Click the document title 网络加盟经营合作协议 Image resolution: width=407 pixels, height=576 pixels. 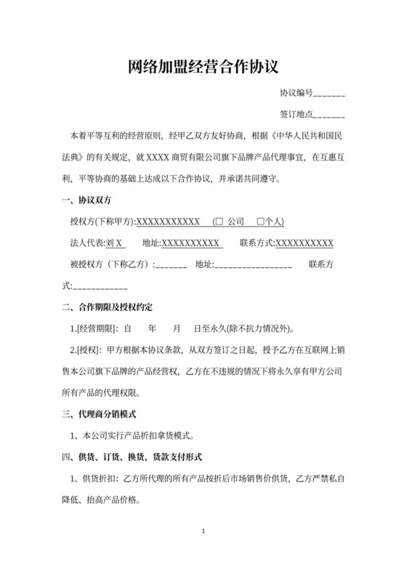pos(203,68)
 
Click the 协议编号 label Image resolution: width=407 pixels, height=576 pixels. pos(297,94)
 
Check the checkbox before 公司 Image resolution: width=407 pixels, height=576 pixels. pos(217,222)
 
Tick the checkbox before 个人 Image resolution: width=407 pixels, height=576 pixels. pos(251,222)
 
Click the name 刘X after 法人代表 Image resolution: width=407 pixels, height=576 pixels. pos(115,243)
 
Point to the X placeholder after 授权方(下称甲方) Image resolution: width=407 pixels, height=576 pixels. pos(168,222)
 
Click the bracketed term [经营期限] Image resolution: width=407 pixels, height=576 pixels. pos(97,328)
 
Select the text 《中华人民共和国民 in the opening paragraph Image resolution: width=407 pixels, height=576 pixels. pos(302,136)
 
